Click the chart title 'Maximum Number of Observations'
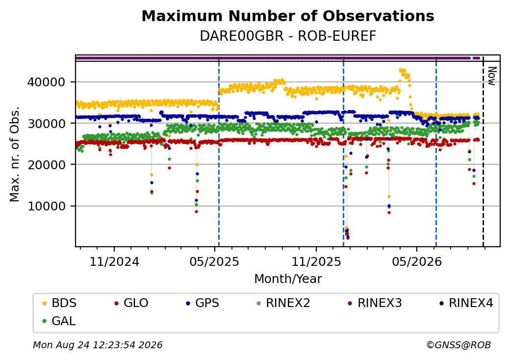(288, 16)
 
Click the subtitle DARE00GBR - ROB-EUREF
(288, 36)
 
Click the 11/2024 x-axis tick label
(114, 262)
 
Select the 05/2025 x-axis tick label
(214, 262)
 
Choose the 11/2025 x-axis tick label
(316, 262)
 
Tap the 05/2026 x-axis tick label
(417, 262)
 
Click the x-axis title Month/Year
(288, 279)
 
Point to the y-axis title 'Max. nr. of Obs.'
(15, 154)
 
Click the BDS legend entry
(59, 303)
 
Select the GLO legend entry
(131, 303)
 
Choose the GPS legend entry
(203, 303)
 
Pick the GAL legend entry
(59, 321)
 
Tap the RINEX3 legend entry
(375, 303)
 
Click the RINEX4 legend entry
(466, 303)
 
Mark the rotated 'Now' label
(492, 76)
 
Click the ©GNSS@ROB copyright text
(459, 345)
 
